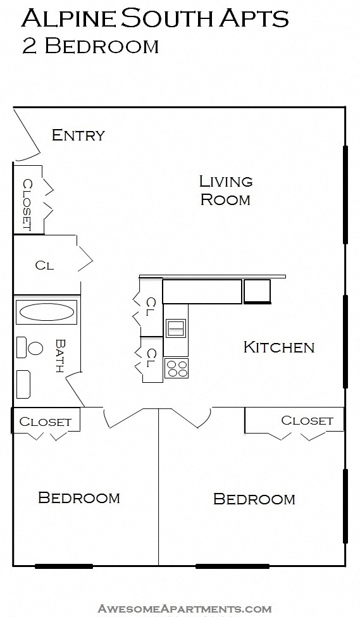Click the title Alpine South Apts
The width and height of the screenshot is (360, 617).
(155, 19)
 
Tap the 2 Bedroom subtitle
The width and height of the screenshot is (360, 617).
(90, 46)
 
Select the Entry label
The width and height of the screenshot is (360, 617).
(78, 135)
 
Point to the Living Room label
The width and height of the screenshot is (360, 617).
(225, 190)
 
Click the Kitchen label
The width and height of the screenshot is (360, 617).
(278, 347)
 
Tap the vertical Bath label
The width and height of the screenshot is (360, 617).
(61, 356)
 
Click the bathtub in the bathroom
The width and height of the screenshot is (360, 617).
(46, 312)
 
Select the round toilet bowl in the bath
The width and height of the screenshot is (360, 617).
(35, 347)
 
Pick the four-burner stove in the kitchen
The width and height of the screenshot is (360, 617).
(176, 368)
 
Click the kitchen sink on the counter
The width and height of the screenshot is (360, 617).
(176, 328)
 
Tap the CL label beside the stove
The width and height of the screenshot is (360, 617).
(151, 358)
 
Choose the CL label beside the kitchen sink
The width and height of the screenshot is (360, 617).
(151, 307)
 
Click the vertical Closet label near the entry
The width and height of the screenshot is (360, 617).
(27, 204)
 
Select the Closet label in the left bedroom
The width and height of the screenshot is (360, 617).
(46, 421)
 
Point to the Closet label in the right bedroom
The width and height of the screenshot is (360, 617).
(307, 420)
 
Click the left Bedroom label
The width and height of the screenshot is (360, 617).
(79, 497)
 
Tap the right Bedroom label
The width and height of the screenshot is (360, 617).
(254, 499)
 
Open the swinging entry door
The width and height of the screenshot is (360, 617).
(27, 136)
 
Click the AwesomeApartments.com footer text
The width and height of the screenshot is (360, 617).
(184, 609)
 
